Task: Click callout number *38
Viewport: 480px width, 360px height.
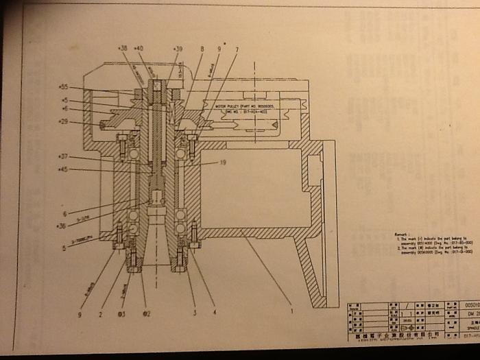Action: click(x=123, y=49)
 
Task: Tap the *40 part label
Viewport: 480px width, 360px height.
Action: click(x=139, y=49)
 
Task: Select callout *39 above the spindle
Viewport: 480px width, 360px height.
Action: click(x=178, y=49)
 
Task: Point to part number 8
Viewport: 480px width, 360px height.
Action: click(x=202, y=49)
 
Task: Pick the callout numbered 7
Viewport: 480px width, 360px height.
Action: click(x=237, y=49)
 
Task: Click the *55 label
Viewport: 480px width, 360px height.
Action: click(x=64, y=88)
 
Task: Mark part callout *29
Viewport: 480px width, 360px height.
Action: click(x=63, y=122)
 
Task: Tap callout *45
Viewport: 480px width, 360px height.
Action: click(x=63, y=169)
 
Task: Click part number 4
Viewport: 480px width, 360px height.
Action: click(x=214, y=313)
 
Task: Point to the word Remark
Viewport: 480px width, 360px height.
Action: click(x=401, y=234)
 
